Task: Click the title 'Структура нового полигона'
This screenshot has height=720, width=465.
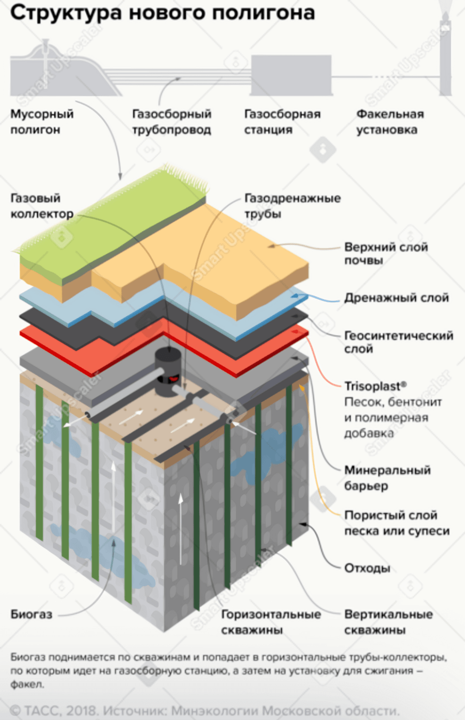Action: (x=162, y=14)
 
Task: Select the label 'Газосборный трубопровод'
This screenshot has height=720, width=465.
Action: (x=172, y=122)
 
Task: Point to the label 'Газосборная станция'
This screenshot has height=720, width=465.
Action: (x=282, y=122)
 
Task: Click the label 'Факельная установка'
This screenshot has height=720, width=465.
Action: (x=390, y=122)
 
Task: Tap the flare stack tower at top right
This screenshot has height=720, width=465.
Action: (x=445, y=53)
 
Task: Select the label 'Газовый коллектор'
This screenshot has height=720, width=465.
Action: (x=42, y=206)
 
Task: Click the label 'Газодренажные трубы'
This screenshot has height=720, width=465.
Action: (x=292, y=206)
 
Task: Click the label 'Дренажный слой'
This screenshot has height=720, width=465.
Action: (x=396, y=298)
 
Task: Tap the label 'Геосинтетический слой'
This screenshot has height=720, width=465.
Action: (x=398, y=342)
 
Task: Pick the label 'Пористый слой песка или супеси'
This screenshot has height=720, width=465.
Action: (x=396, y=523)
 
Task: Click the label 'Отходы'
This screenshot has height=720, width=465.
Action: (x=367, y=568)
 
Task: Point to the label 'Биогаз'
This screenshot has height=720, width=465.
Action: (x=31, y=614)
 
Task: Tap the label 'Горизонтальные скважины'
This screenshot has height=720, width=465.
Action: (x=271, y=622)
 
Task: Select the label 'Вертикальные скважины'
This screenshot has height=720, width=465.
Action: (x=388, y=622)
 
